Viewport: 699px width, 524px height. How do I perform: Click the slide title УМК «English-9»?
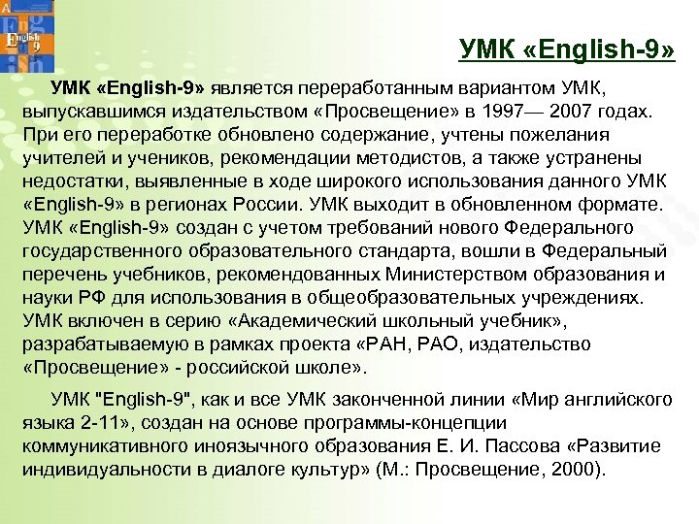[x=566, y=49]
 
